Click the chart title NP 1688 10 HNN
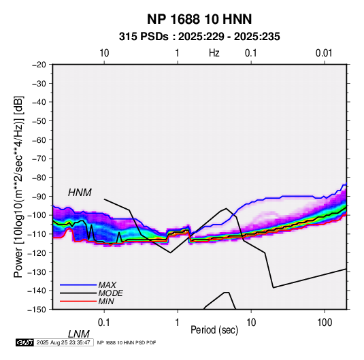[199, 19]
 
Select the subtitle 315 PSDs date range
[199, 37]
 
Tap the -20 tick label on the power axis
[39, 65]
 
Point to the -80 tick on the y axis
[39, 178]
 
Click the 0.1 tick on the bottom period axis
[104, 323]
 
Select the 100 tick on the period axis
[325, 323]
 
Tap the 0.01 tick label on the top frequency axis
[324, 53]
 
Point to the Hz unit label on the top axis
[214, 53]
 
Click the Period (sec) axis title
[214, 330]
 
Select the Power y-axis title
[18, 186]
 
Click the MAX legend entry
[107, 284]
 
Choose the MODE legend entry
[110, 293]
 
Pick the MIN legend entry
[106, 301]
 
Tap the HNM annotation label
[80, 193]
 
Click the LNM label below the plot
[79, 334]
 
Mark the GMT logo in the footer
[25, 342]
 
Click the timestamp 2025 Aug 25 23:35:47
[63, 342]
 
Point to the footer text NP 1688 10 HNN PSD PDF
[127, 342]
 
